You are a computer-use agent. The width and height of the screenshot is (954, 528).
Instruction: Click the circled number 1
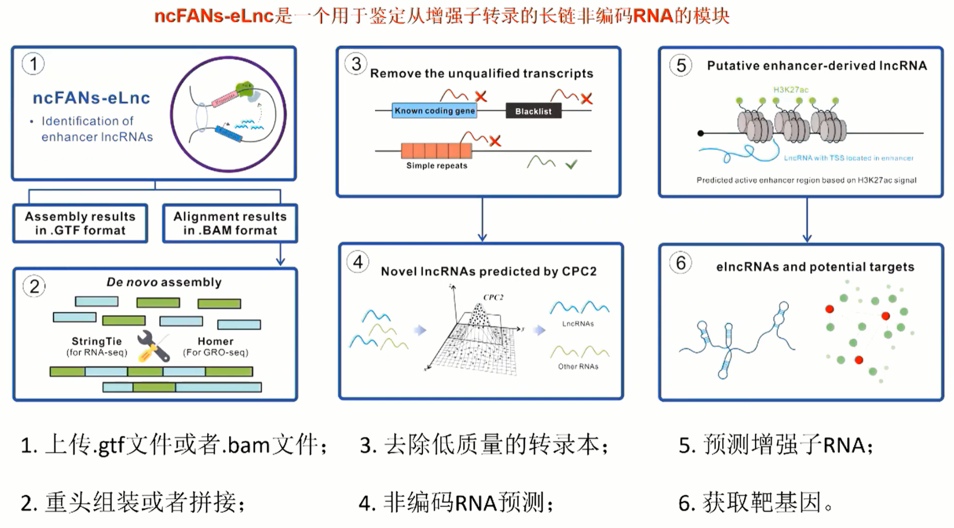point(33,64)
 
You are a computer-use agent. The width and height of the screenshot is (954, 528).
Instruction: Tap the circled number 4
point(358,262)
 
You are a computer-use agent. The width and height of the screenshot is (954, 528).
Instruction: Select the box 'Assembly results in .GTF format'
point(80,223)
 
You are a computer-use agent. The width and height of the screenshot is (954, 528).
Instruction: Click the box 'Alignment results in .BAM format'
point(230,223)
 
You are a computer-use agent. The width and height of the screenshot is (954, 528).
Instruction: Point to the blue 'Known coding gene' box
point(434,110)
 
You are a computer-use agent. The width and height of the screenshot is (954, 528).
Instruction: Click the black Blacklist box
point(533,111)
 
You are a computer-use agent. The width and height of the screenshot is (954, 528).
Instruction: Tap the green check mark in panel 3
point(571,165)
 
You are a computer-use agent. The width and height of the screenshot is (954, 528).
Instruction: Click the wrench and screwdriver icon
point(154,347)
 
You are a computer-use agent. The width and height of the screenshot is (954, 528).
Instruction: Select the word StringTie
point(96,341)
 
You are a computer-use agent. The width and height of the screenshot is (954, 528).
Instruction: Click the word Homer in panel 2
point(215,341)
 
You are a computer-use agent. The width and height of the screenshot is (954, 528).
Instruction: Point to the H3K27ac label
point(791,90)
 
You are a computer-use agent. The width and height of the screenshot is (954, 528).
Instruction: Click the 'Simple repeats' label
point(437,166)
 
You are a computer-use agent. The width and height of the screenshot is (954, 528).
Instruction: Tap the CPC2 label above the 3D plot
point(493,297)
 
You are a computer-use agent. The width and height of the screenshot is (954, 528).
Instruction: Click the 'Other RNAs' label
point(578,366)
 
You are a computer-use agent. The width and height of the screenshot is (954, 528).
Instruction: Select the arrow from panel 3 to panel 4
point(482,219)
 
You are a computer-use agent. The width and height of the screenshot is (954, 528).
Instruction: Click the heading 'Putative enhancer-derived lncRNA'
point(816,66)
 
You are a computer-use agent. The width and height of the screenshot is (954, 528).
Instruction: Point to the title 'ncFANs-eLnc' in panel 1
point(91,98)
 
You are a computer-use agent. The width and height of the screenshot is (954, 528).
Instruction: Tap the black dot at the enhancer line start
point(700,133)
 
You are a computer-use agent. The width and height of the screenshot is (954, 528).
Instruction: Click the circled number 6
point(681,263)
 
